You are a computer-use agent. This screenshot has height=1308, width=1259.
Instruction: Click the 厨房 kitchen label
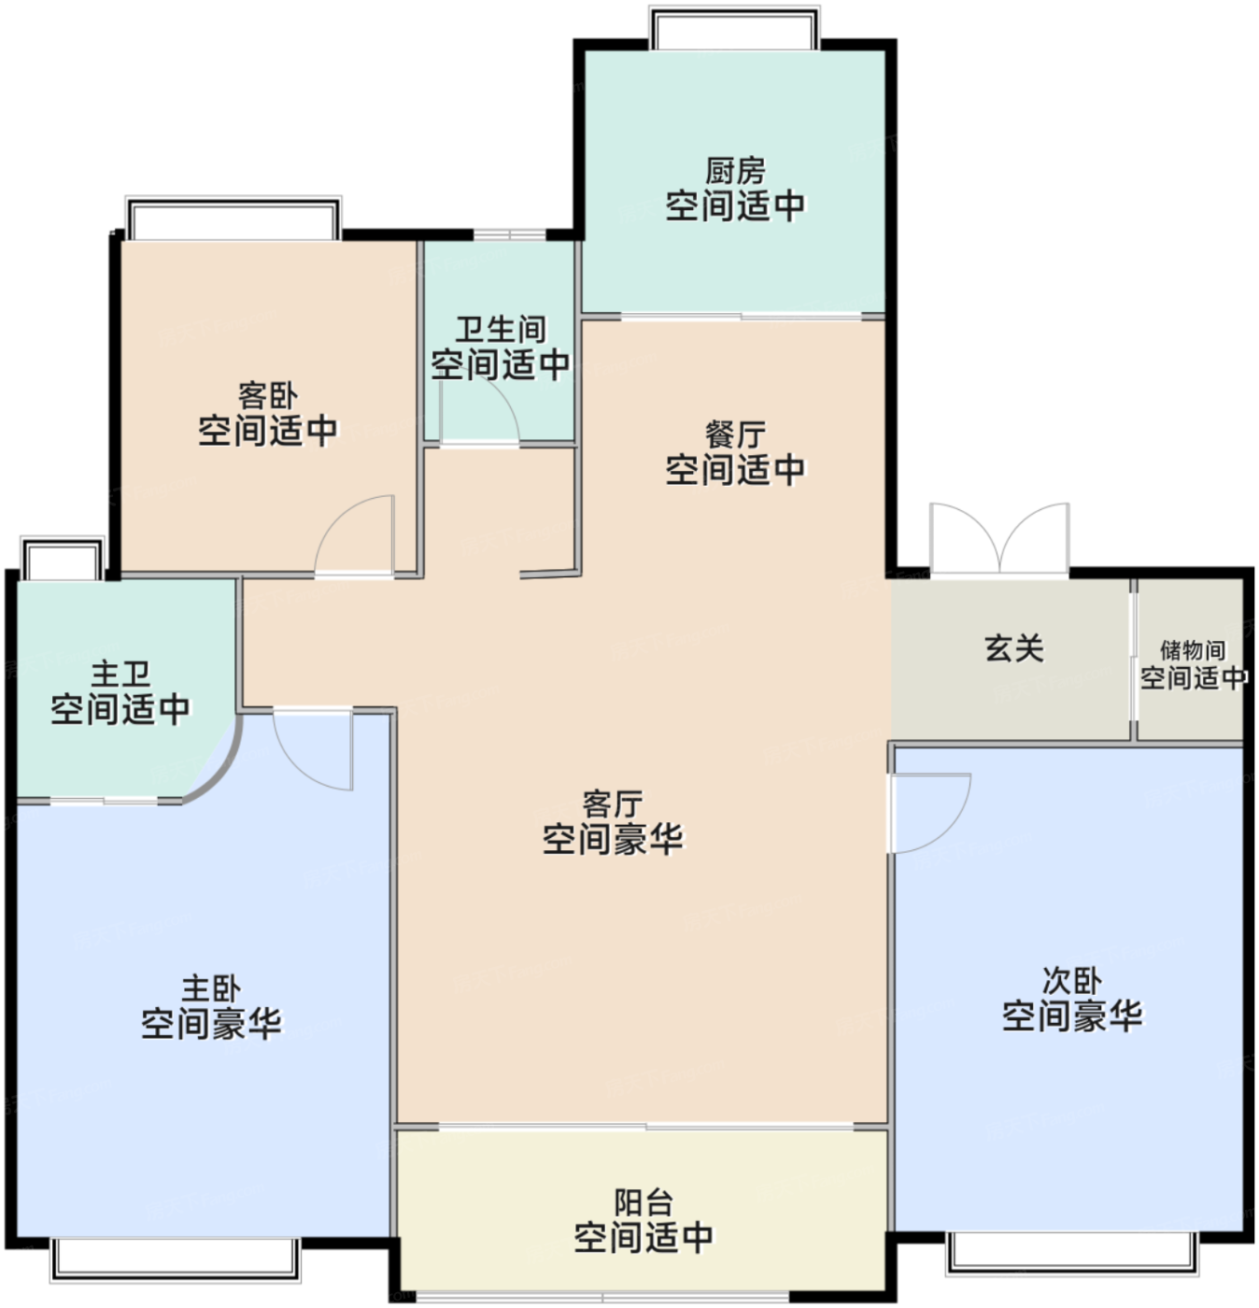point(735,171)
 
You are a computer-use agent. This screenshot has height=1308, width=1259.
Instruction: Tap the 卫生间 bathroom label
point(501,330)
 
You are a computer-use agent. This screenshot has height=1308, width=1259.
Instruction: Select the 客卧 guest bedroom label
point(267,396)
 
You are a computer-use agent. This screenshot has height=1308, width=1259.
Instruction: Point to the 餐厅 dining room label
point(735,434)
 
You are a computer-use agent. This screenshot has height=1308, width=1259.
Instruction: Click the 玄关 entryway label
point(1014,648)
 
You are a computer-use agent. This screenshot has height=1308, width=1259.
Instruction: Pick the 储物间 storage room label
point(1193,650)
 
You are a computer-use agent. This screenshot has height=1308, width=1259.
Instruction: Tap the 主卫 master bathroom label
point(120,674)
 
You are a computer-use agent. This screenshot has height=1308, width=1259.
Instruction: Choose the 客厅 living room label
point(612,803)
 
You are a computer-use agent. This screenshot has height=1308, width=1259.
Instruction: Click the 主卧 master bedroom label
point(211,988)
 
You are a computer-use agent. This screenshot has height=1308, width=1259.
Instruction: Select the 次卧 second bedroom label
point(1071,981)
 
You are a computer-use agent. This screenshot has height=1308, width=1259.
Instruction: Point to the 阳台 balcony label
point(643,1202)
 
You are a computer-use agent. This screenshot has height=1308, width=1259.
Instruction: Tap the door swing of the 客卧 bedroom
point(354,535)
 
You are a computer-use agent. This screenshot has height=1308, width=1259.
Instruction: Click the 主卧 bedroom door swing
point(312,749)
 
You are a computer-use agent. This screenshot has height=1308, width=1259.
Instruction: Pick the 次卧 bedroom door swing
point(930,814)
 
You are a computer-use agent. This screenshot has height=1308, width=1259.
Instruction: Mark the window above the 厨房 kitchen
point(734,27)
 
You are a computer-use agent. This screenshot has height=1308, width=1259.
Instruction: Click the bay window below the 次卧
point(1072,1254)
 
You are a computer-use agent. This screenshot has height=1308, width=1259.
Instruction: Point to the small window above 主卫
point(63,557)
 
